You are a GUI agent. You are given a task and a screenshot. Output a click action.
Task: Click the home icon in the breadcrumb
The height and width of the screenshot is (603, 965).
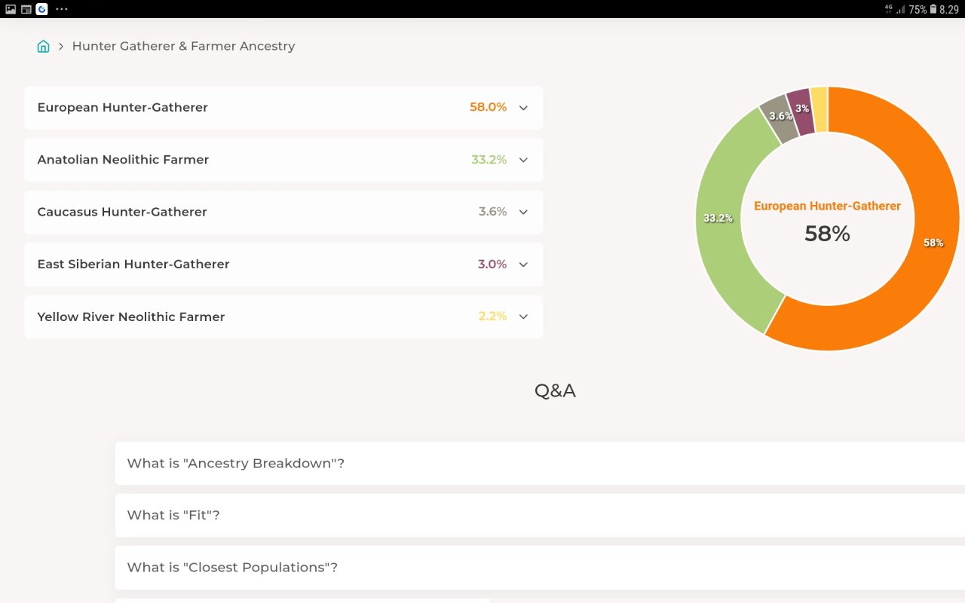(43, 46)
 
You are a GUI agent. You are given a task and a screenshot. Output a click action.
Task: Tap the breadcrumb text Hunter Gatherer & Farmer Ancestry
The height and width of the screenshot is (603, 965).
(183, 46)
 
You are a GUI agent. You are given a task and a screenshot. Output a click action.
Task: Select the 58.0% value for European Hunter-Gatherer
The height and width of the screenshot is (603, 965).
(488, 107)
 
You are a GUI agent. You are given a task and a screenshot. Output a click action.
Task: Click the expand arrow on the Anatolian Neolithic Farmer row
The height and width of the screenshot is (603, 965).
(523, 161)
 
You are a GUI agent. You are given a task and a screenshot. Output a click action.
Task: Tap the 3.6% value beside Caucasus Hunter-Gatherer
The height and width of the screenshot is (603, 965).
(492, 212)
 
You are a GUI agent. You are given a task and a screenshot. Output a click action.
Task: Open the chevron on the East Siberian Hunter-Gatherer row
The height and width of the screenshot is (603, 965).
(523, 265)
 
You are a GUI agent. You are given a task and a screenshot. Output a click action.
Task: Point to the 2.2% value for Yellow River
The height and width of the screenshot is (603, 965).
(492, 316)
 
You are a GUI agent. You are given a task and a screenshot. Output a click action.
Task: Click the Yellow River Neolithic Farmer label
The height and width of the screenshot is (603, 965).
(131, 317)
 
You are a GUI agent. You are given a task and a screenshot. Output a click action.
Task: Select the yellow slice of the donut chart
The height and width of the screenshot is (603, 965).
(819, 109)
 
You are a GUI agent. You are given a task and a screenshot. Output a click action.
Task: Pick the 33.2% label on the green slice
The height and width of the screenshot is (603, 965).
(718, 218)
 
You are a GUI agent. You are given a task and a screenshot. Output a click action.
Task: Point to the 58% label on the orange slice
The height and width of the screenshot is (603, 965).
(933, 243)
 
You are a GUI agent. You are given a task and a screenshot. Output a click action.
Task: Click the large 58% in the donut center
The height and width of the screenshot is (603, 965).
(827, 234)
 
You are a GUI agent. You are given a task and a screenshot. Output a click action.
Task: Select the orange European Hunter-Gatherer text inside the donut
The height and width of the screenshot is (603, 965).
(827, 206)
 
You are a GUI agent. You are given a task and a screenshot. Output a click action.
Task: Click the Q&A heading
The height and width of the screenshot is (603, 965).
(555, 390)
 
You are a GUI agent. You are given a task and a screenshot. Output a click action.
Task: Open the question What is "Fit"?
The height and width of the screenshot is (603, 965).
(173, 515)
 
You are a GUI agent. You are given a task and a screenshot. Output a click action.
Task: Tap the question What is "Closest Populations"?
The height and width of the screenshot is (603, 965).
(232, 568)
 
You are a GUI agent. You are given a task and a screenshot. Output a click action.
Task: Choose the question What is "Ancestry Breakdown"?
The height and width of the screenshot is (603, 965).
(236, 463)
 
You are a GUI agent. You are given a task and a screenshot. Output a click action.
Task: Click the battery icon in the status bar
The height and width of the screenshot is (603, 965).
(933, 9)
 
